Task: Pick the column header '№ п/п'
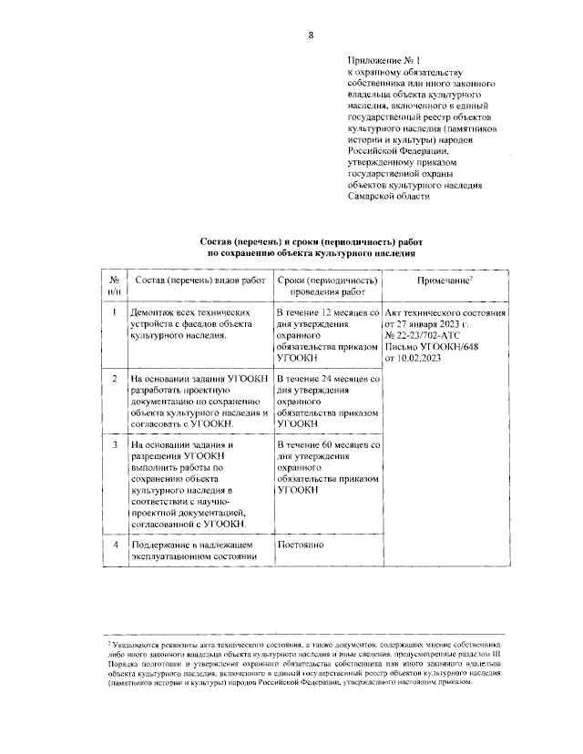pos(114,287)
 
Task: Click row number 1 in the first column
pos(114,313)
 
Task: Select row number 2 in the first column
pos(114,377)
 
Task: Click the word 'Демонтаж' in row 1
pos(156,313)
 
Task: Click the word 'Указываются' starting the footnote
pos(137,644)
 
